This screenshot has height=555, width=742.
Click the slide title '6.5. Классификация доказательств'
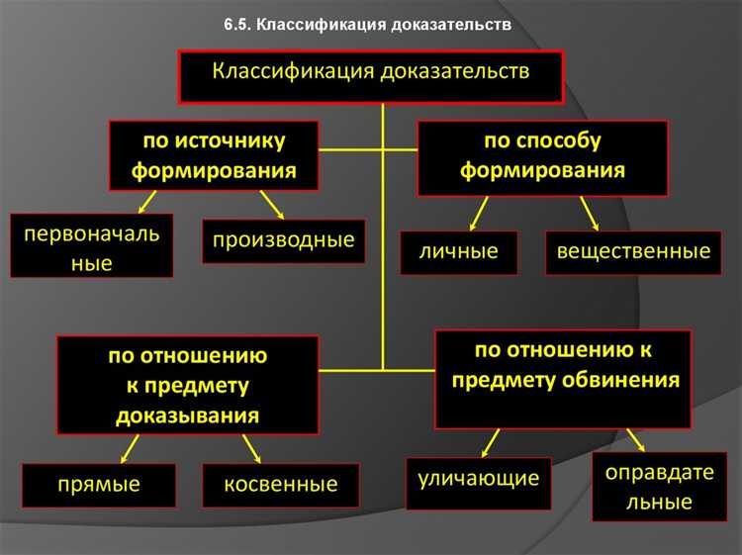tap(367, 25)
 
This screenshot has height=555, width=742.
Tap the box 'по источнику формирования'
tap(214, 154)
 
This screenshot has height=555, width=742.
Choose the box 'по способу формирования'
tap(542, 155)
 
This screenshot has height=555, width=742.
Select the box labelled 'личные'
tap(460, 251)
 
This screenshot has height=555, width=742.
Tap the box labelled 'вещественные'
tap(633, 251)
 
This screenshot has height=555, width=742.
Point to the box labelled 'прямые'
tap(99, 485)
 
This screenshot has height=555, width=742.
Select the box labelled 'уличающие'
tap(479, 479)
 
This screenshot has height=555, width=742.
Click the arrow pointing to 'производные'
tap(273, 206)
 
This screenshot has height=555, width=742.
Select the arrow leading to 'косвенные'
tap(251, 449)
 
